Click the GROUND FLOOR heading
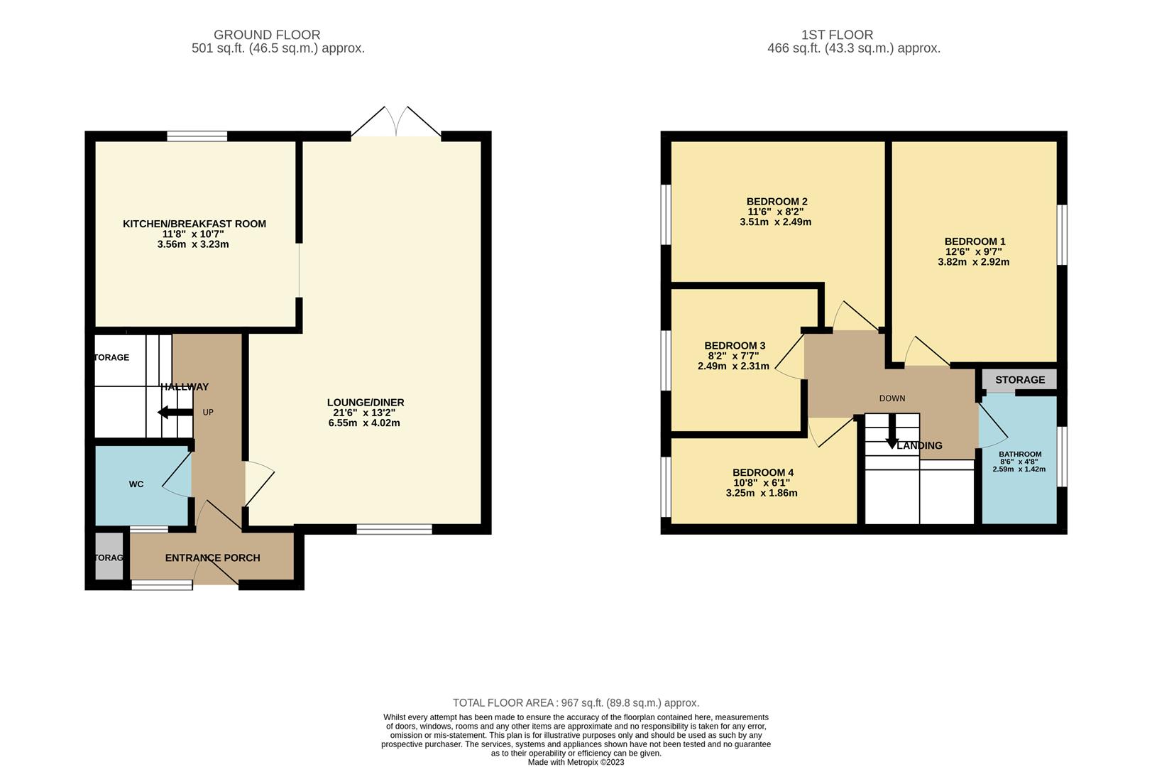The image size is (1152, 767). pos(267,35)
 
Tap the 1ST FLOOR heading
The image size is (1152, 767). pos(837,35)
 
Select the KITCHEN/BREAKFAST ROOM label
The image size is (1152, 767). pos(194,224)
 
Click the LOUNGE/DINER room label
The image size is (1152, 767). pos(365,403)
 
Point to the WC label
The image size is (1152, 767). pos(136,484)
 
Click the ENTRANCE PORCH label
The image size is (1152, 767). pos(212,558)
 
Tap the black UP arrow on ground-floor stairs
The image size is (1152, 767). pos(166,413)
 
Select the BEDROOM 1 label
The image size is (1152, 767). pos(975,241)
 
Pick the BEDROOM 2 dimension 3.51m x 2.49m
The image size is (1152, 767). pos(775,222)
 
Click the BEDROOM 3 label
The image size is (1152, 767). pos(735,346)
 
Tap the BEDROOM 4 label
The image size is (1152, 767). pos(762,473)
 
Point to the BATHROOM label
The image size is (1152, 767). pos(1019,455)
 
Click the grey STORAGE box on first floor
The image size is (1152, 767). pos(1019,380)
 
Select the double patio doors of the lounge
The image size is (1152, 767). pos(396,122)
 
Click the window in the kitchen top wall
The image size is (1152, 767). pos(197,136)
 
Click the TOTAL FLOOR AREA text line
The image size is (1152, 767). pos(576,703)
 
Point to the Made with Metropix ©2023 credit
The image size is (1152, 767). pos(576,762)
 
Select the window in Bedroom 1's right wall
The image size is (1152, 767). pos(1062,235)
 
